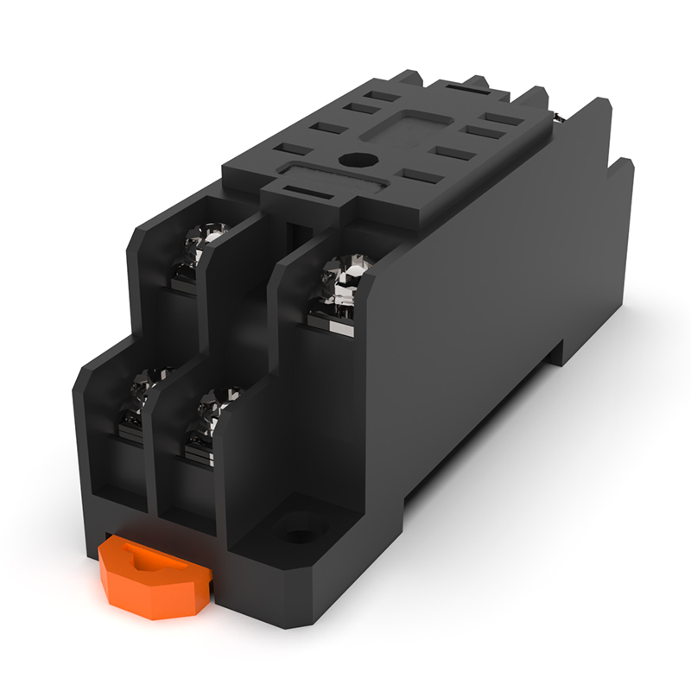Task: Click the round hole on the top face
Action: click(x=356, y=159)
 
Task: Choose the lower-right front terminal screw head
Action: click(x=210, y=411)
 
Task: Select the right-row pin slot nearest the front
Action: click(x=419, y=176)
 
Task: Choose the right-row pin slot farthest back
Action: click(x=503, y=119)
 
